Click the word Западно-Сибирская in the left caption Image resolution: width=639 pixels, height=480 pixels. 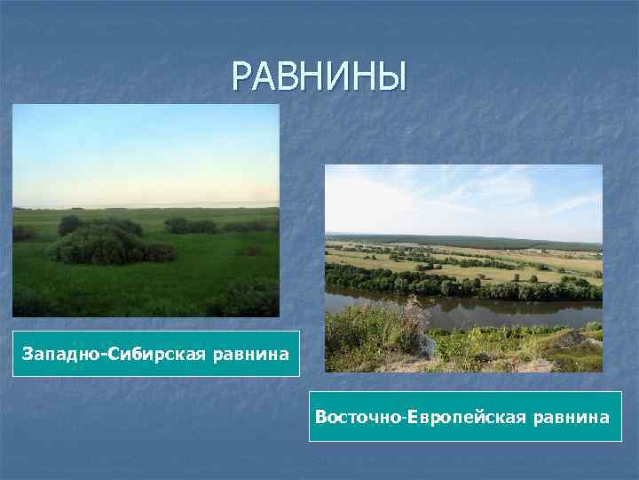click(x=114, y=355)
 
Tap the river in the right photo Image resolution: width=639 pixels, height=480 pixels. click(x=497, y=309)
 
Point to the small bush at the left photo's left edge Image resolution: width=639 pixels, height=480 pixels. click(x=22, y=233)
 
